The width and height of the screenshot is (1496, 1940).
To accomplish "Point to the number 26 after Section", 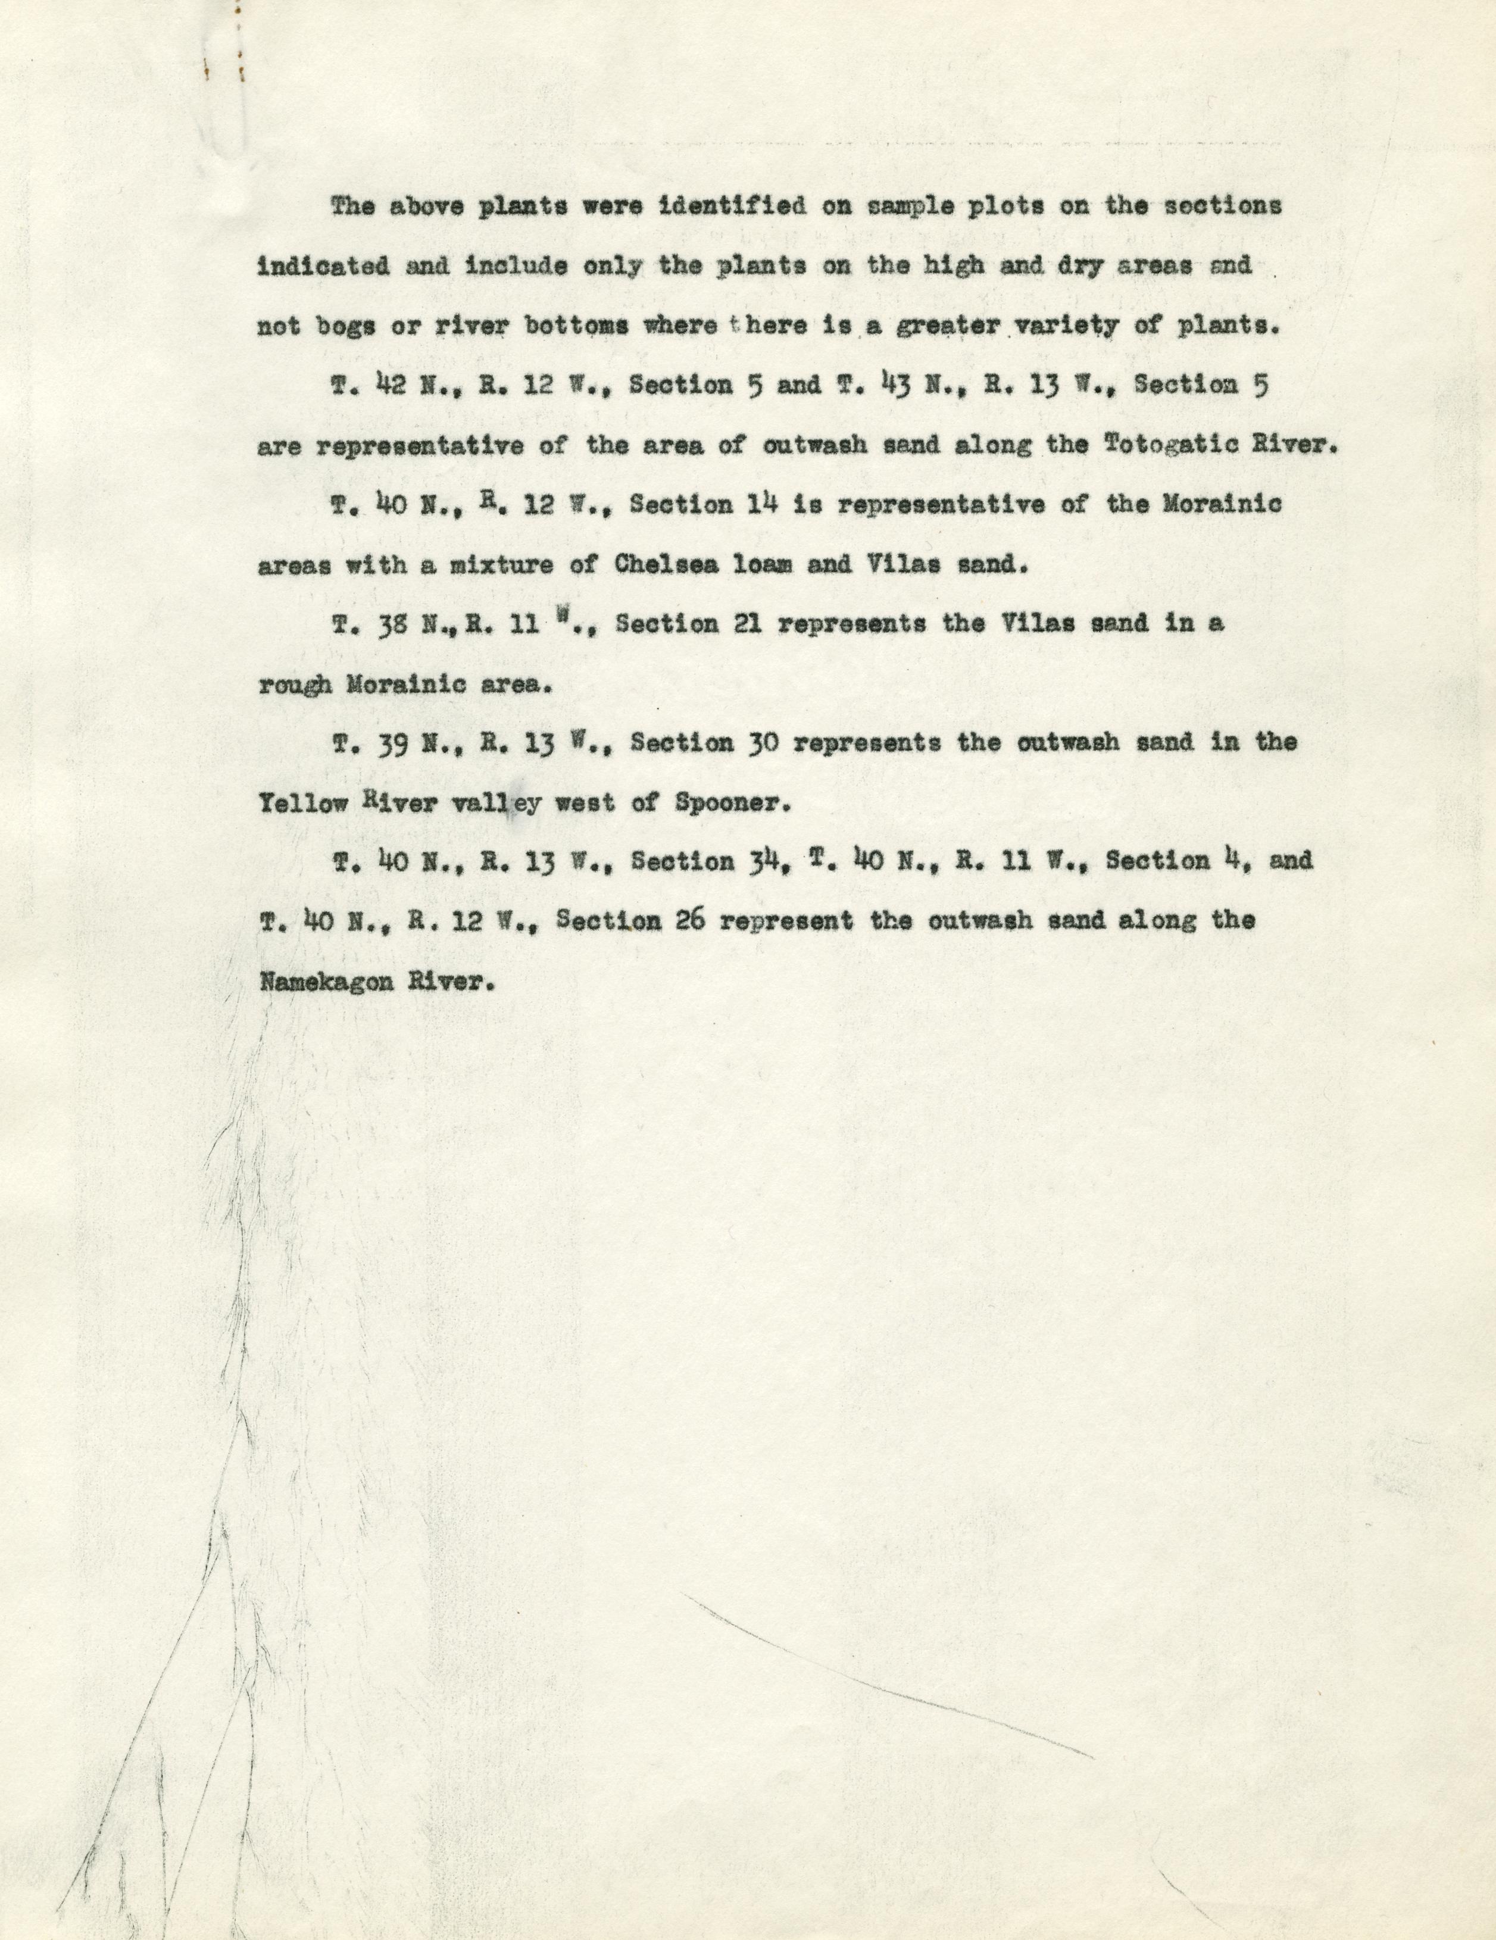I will pyautogui.click(x=691, y=920).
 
